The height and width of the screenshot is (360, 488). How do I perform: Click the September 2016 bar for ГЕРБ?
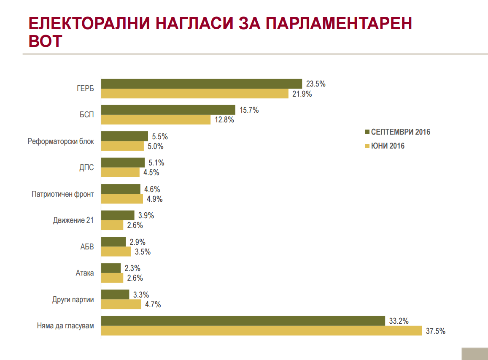202,84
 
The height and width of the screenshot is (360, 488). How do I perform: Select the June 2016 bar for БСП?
156,119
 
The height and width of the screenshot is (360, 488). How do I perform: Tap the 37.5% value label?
435,331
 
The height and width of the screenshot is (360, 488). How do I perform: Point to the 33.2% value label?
399,321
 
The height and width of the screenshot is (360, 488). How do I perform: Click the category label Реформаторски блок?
61,141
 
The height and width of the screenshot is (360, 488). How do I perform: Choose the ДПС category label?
86,168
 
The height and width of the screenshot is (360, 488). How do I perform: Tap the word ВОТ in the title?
46,41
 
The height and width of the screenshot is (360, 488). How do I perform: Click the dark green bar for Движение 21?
118,215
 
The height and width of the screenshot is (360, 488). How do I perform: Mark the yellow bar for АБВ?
116,252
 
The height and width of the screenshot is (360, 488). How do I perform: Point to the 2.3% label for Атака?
132,268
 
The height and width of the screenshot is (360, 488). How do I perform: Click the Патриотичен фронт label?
62,194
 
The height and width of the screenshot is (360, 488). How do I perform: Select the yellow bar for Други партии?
121,304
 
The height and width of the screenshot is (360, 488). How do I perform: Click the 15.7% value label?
249,110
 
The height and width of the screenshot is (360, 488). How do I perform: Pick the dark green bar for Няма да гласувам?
243,321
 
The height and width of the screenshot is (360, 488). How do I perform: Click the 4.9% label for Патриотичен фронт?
154,199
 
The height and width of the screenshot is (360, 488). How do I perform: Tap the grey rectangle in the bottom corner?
475,354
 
